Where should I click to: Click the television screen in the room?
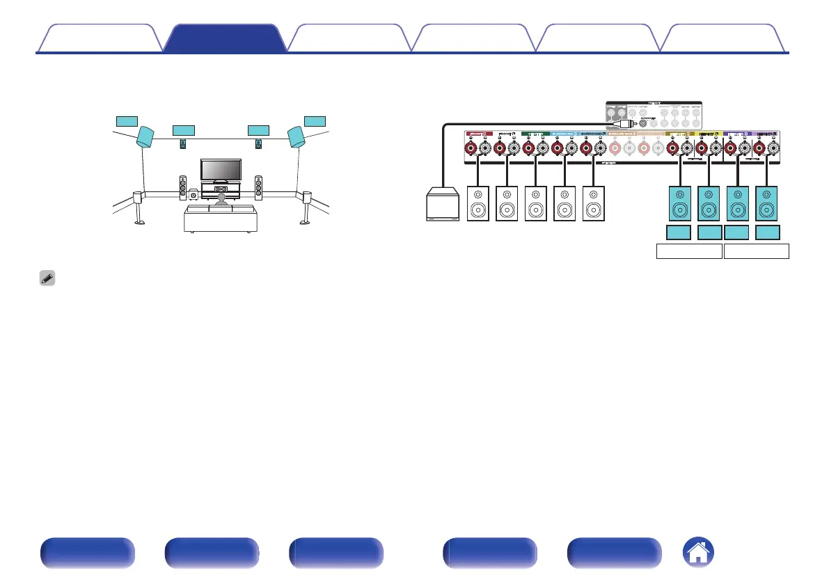pos(221,169)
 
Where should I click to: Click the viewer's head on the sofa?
pos(221,198)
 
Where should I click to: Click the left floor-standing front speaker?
pos(183,187)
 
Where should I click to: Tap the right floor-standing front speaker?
pos(259,187)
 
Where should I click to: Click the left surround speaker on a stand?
pos(139,207)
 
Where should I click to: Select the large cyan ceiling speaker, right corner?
pos(297,136)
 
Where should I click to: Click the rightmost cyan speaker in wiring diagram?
pos(767,203)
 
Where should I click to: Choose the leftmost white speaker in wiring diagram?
pos(478,203)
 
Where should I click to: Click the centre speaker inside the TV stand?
pos(221,189)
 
